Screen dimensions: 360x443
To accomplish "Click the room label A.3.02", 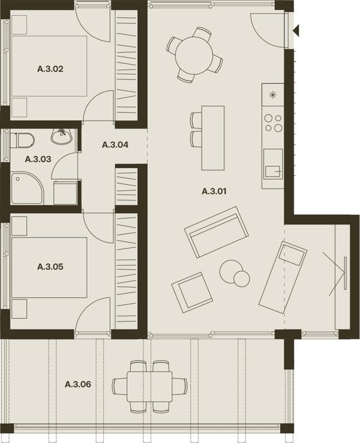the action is [x=50, y=69].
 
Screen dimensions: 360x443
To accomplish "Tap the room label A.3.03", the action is [x=38, y=159].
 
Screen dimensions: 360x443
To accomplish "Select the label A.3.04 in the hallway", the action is [x=115, y=145].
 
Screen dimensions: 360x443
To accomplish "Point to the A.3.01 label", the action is [x=214, y=191].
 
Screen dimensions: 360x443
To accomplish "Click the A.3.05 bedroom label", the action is [x=50, y=267].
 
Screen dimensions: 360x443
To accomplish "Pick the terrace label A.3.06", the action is [x=78, y=384].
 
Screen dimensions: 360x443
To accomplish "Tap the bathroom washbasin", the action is [x=62, y=136].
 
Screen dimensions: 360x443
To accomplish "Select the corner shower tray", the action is [x=28, y=188].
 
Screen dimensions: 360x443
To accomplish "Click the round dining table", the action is [x=194, y=55].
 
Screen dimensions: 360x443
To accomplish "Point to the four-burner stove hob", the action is [x=273, y=123].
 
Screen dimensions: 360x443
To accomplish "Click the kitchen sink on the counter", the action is [x=273, y=164].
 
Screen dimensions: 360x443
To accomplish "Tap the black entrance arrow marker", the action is [x=296, y=30].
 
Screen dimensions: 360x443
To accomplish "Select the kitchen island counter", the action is [x=213, y=138].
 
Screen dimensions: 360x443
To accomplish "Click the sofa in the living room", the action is [x=217, y=232].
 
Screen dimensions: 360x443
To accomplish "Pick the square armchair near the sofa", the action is [x=192, y=292].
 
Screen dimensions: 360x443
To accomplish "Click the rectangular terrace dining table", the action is [x=149, y=387].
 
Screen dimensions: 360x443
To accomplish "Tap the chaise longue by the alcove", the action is [x=283, y=277].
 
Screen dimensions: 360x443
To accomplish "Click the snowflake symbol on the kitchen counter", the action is [x=272, y=95].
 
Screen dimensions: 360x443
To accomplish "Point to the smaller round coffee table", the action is [x=242, y=279].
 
